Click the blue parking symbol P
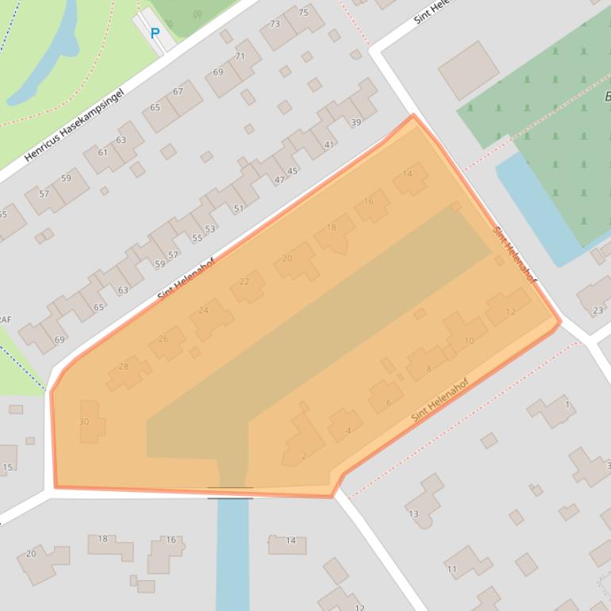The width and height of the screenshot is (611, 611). point(155,33)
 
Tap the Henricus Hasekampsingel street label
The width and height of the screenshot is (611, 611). point(75,125)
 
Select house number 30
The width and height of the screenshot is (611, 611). point(84,421)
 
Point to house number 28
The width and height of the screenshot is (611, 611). point(123,367)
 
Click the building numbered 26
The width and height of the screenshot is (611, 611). point(163,340)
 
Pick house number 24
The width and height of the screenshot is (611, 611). point(204,310)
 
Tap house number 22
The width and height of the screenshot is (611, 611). point(244,282)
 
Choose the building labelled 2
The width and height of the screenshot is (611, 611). point(304,455)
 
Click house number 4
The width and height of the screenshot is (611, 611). point(348,431)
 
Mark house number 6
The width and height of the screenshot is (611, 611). point(388,402)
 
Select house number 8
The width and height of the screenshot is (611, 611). point(428,368)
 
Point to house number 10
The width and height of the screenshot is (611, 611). point(469,341)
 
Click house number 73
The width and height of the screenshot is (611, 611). point(275,24)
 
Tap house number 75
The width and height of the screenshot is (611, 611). point(303,13)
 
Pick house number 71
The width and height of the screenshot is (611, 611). point(240,57)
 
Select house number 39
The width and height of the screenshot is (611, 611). point(355,122)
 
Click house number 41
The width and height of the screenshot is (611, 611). point(329,144)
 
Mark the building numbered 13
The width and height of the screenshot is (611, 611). point(413,514)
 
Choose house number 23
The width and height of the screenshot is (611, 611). point(598,310)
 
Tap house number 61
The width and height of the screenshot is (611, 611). point(102,152)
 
